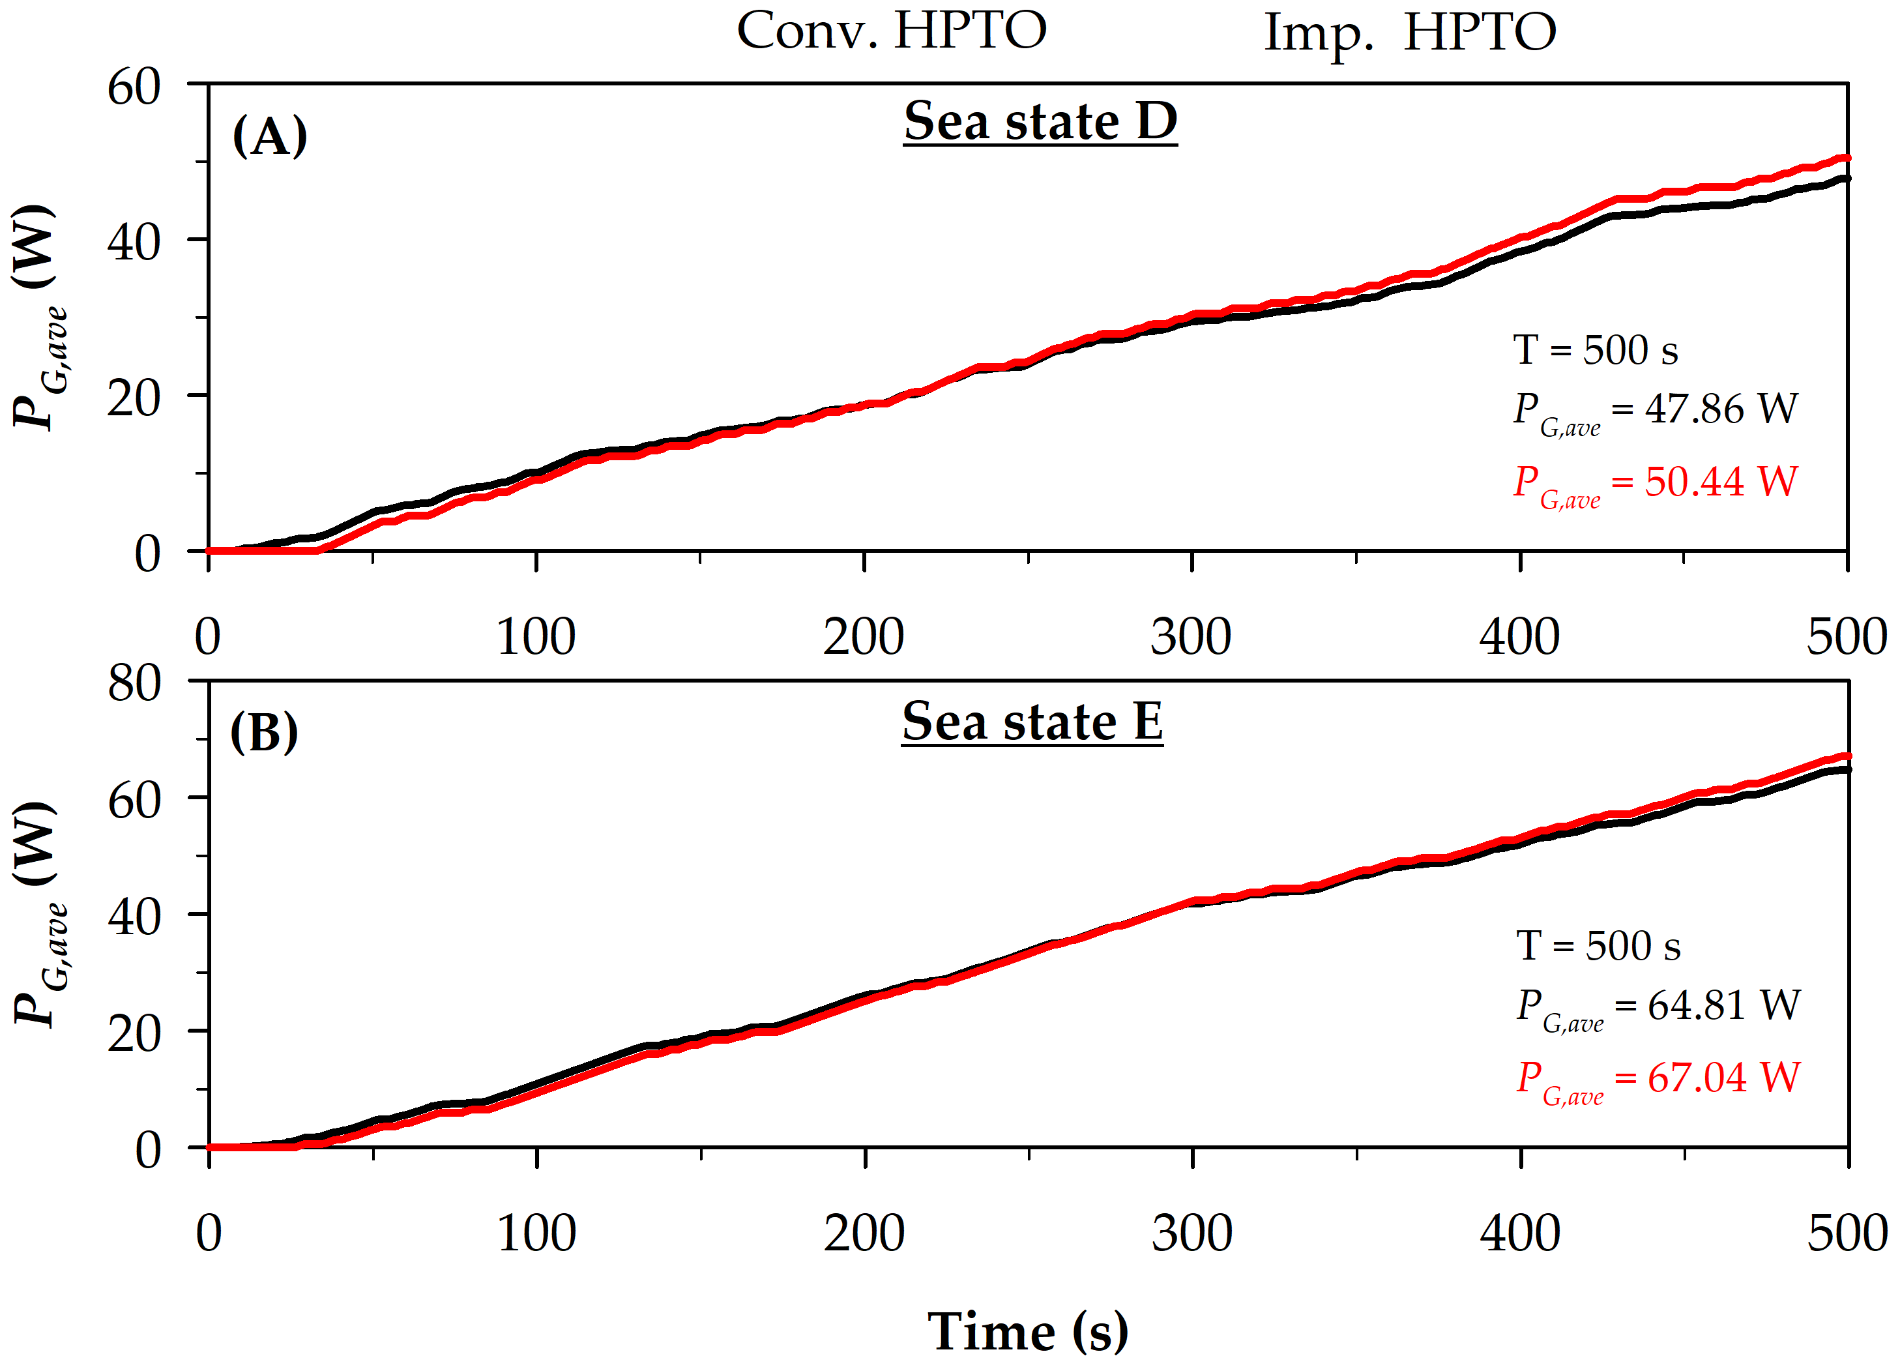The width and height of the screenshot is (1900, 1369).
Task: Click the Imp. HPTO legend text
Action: pyautogui.click(x=1409, y=33)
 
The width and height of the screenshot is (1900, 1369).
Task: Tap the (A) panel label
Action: pyautogui.click(x=269, y=136)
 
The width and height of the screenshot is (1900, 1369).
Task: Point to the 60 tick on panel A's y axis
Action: pyautogui.click(x=134, y=86)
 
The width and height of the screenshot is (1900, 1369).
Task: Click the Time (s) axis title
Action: pyautogui.click(x=1027, y=1331)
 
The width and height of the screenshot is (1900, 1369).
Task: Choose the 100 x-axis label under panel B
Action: pyautogui.click(x=536, y=1233)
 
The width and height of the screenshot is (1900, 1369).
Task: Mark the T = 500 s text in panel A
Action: pyautogui.click(x=1595, y=350)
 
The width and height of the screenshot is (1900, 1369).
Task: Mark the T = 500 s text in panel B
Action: pyautogui.click(x=1598, y=947)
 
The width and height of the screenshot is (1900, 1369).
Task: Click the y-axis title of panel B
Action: pyautogui.click(x=38, y=913)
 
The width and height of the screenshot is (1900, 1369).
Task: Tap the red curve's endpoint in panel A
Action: pyautogui.click(x=1847, y=158)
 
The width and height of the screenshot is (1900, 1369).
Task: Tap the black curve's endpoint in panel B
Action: pyautogui.click(x=1847, y=769)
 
